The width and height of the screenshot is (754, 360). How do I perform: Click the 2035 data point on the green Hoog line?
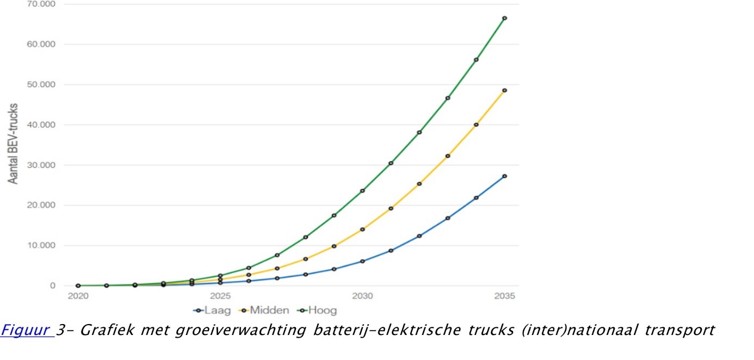tap(504, 18)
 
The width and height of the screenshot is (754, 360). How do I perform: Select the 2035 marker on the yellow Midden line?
tap(504, 90)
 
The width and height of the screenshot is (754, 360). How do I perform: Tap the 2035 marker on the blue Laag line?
tap(504, 176)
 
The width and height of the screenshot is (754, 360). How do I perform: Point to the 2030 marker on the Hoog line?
tap(362, 190)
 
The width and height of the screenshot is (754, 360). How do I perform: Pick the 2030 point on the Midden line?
tap(362, 229)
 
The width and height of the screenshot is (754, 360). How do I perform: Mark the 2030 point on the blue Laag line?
tap(362, 261)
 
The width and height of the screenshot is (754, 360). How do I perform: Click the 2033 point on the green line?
tap(448, 98)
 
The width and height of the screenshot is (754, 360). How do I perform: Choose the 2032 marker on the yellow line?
tap(419, 184)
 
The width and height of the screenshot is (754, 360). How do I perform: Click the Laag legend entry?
tap(212, 311)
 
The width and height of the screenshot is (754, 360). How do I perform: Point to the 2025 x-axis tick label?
tap(220, 296)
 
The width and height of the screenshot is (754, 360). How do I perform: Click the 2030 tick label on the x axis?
tap(362, 296)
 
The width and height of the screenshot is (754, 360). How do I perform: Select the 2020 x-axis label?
tap(78, 296)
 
